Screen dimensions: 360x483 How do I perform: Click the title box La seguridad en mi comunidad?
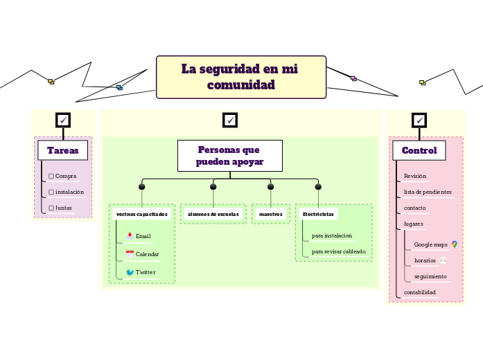coord(241,77)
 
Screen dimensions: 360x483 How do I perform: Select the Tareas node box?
coord(62,150)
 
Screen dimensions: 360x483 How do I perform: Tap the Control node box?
coord(419,150)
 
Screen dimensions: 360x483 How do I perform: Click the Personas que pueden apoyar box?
coord(229,156)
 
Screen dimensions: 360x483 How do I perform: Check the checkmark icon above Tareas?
coord(63,120)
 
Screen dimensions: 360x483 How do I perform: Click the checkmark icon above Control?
coord(419,120)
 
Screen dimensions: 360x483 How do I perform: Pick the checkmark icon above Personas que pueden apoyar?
coord(230,120)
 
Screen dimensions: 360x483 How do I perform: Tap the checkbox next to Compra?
coord(51,176)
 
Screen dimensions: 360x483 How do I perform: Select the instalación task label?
coord(69,192)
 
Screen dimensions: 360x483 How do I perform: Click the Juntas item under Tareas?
coord(64,208)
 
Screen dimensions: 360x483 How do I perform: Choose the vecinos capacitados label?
coord(142,214)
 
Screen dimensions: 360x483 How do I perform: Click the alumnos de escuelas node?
coord(213,214)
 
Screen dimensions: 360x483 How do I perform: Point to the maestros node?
coord(271,214)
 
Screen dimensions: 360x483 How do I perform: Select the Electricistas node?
coord(318,214)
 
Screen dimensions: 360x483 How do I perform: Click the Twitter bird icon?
coord(130,272)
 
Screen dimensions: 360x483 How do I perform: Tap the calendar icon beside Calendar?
coord(130,254)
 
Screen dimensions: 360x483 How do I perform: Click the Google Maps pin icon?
coord(454,244)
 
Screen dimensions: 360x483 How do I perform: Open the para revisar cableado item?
coord(338,251)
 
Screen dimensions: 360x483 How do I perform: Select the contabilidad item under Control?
coord(420,292)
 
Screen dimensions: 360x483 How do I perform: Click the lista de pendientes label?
coord(428,192)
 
